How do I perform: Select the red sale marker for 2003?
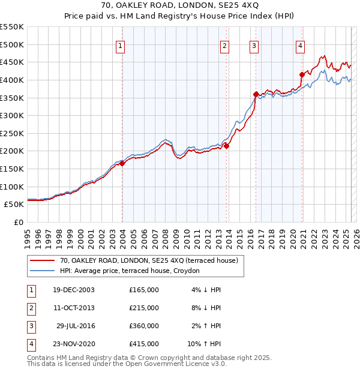click(122, 163)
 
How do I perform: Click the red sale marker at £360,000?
click(256, 94)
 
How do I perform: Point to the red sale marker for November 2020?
click(302, 74)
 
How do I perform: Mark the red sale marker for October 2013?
click(227, 145)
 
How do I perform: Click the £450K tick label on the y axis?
click(12, 62)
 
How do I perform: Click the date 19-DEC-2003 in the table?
click(73, 290)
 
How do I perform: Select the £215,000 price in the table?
click(144, 308)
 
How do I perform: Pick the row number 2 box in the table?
click(31, 308)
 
